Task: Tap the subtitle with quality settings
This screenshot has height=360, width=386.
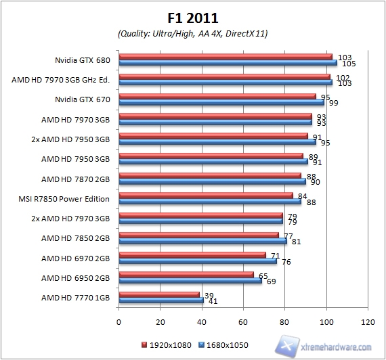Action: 193,33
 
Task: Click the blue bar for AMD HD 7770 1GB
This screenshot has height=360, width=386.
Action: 161,300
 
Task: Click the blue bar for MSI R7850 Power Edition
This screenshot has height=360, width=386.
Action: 210,201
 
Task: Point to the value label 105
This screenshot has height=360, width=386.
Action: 349,64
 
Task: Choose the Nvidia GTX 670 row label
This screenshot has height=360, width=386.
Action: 85,99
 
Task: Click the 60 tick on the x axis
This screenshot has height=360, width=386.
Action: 244,321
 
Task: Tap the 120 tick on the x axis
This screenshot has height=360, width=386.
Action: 368,321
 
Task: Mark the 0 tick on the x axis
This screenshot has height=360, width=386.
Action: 119,321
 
